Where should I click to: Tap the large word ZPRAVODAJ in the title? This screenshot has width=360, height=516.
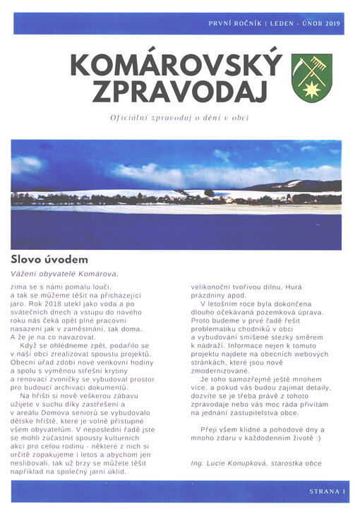(x=176, y=91)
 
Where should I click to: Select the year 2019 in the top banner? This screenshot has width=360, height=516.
(x=332, y=23)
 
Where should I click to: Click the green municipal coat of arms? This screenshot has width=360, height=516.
(x=311, y=78)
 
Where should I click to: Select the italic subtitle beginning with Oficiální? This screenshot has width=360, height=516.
(x=179, y=118)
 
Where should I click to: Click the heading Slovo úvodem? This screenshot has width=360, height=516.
(x=49, y=259)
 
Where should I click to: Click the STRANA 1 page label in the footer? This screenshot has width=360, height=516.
(x=327, y=491)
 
